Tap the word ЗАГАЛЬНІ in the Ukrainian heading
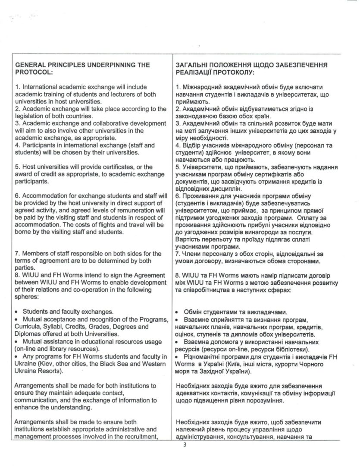(x=194, y=65)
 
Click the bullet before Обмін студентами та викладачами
(x=178, y=312)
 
